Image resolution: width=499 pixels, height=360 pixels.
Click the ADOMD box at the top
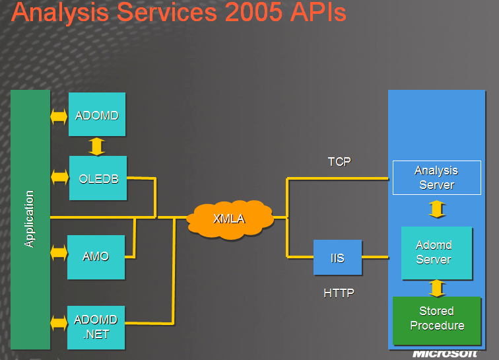pyautogui.click(x=97, y=114)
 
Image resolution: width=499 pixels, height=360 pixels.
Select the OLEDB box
pyautogui.click(x=98, y=178)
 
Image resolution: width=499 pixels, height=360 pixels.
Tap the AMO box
pyautogui.click(x=96, y=257)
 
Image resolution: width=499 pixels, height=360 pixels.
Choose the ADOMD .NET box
pyautogui.click(x=96, y=328)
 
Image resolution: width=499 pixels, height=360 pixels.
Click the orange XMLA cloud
pyautogui.click(x=230, y=219)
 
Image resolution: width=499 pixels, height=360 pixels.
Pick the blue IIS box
pyautogui.click(x=338, y=258)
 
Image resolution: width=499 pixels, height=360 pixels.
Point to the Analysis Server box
pyautogui.click(x=437, y=178)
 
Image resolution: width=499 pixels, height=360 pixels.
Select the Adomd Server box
pyautogui.click(x=437, y=253)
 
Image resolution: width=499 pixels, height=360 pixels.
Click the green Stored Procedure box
pyautogui.click(x=437, y=320)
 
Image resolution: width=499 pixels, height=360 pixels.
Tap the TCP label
pyautogui.click(x=339, y=162)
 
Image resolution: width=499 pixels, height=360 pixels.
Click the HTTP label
pyautogui.click(x=339, y=293)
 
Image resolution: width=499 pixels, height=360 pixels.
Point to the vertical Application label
pyautogui.click(x=29, y=219)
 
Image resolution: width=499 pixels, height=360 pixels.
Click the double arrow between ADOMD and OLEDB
pyautogui.click(x=97, y=146)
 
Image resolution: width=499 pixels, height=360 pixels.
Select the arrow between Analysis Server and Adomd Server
pyautogui.click(x=437, y=209)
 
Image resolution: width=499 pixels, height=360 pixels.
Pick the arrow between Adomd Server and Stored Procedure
pyautogui.click(x=437, y=288)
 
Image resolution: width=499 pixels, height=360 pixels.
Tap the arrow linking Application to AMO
pyautogui.click(x=59, y=253)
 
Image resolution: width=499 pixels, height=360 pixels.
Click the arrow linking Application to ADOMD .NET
pyautogui.click(x=59, y=323)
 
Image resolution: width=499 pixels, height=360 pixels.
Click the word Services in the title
pyautogui.click(x=167, y=12)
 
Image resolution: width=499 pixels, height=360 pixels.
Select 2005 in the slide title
pyautogui.click(x=254, y=12)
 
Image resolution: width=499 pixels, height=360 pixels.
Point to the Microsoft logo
pyautogui.click(x=445, y=354)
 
